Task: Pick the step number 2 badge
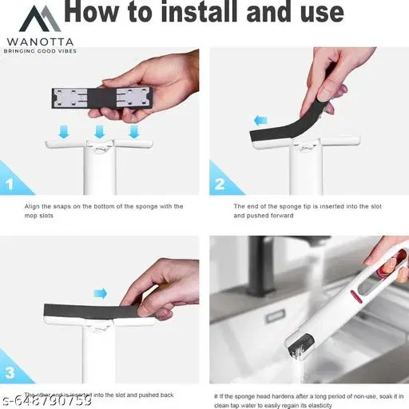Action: point(220,184)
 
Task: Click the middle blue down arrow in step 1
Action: point(100,129)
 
